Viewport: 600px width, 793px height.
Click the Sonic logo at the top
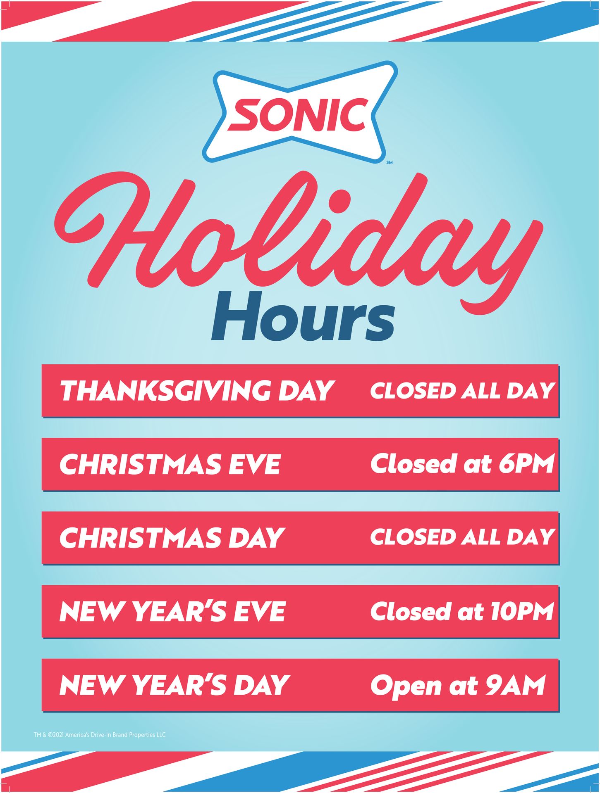(300, 112)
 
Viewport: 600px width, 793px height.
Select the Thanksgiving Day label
(197, 390)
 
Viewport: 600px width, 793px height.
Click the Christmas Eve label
(170, 464)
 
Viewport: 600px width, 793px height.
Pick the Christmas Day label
(172, 537)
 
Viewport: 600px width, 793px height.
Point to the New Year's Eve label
(172, 611)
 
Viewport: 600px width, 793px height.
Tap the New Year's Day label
(175, 684)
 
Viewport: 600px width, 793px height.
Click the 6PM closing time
(526, 464)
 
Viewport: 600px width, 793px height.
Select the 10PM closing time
(522, 611)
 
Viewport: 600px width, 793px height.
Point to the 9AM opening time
(515, 685)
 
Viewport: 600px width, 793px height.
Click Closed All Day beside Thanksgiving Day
(462, 391)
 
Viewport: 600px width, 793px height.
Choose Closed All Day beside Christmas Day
(462, 537)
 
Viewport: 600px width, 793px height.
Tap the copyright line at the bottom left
(100, 735)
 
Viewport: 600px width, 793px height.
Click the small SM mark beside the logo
(389, 162)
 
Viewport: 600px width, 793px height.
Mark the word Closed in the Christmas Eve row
(414, 464)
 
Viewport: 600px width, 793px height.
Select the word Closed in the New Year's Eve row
(409, 611)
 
